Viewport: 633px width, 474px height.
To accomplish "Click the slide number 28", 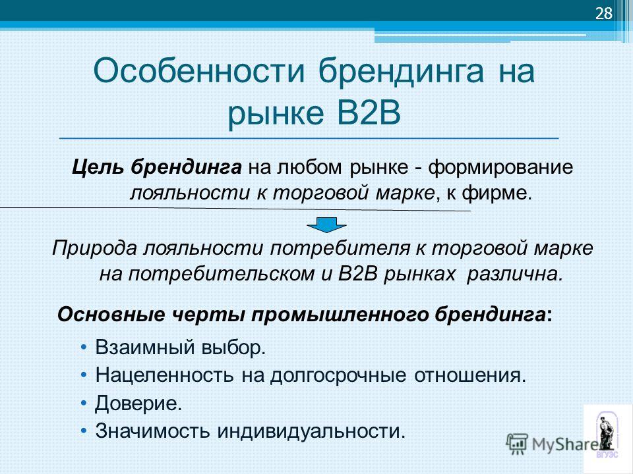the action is click(604, 14).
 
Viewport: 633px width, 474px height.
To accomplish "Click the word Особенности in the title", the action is click(198, 71).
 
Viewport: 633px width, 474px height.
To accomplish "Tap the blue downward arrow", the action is click(326, 224).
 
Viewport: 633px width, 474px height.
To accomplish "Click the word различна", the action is click(515, 275).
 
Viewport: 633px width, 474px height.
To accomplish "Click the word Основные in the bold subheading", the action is click(111, 315).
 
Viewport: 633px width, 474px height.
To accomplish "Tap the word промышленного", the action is click(340, 315).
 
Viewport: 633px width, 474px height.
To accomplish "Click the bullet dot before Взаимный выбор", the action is click(84, 348).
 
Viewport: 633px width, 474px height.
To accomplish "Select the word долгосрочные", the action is click(338, 376).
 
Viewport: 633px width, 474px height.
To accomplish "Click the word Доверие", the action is click(138, 403).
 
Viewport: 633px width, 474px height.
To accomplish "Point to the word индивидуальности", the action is click(311, 431).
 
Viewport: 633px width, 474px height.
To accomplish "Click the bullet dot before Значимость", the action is click(84, 431).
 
